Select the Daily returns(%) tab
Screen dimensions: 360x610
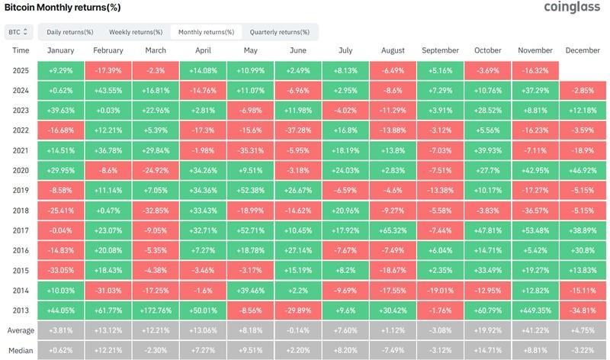(70, 32)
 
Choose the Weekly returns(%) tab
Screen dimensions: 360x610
(136, 32)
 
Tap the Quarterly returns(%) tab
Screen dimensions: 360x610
(279, 32)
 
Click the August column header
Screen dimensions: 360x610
(392, 50)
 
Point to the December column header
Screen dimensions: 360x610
(583, 50)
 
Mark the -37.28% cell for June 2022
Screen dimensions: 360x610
(297, 129)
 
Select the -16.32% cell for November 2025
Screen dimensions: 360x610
(535, 69)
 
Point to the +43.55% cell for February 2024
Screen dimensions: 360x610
(108, 90)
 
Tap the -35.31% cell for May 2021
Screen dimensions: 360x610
(250, 149)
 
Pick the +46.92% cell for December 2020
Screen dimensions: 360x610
(583, 169)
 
